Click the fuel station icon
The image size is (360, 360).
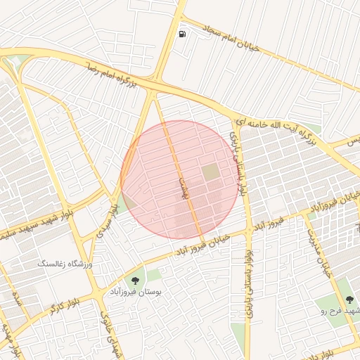coord(183,34)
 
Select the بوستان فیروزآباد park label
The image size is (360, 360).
coord(136,290)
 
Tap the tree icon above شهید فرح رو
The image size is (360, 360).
coord(349,300)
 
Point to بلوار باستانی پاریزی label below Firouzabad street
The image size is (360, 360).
coord(247,288)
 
